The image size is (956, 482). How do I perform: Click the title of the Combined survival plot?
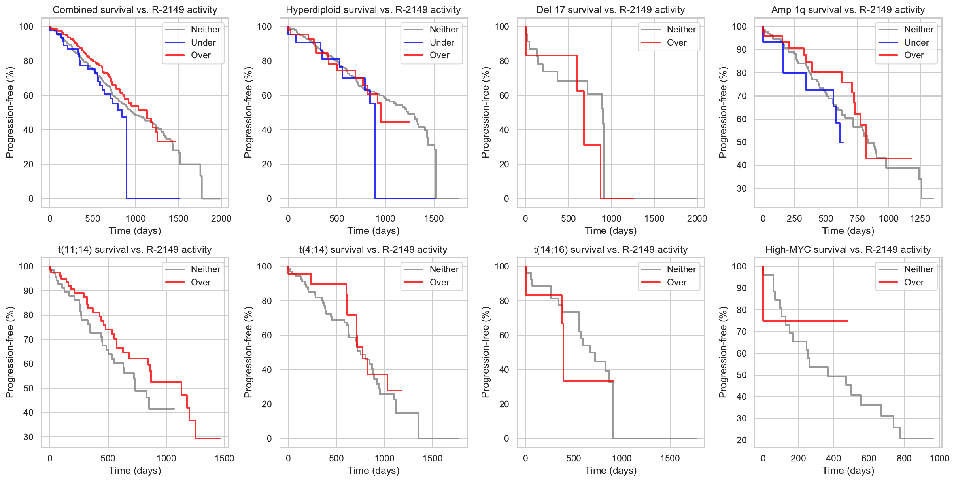(x=135, y=10)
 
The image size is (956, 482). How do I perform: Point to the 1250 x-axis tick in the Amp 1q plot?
(x=920, y=218)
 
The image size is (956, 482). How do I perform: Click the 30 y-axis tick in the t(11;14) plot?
(x=28, y=437)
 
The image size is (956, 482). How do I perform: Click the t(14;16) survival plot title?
(x=610, y=250)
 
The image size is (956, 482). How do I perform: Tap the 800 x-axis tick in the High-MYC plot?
(x=904, y=458)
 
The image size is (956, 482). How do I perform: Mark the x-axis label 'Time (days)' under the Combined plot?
(x=135, y=231)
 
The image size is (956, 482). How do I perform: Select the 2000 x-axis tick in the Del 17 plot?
(x=697, y=218)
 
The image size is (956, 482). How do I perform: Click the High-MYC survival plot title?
(x=848, y=250)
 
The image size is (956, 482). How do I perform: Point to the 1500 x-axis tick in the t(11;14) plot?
(x=225, y=458)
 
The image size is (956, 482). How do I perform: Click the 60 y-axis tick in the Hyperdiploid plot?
(x=267, y=95)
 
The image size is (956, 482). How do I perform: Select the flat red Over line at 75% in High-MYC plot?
(x=807, y=321)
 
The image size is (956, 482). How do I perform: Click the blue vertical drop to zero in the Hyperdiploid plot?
(x=374, y=158)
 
